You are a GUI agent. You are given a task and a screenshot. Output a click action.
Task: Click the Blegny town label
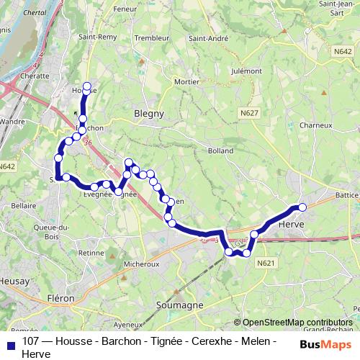(x=149, y=113)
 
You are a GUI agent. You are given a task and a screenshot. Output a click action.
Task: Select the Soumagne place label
(x=175, y=305)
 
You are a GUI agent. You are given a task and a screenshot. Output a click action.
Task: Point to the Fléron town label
(x=61, y=297)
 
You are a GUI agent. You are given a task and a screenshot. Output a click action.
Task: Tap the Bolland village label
(x=221, y=151)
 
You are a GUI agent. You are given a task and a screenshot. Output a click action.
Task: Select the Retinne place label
(x=92, y=253)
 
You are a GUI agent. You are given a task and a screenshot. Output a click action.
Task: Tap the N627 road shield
(x=250, y=113)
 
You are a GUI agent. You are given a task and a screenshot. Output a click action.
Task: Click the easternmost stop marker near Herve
(x=302, y=207)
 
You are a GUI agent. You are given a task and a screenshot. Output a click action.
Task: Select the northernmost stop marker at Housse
(x=87, y=87)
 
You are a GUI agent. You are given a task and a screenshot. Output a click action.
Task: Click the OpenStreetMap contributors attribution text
(x=297, y=323)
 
